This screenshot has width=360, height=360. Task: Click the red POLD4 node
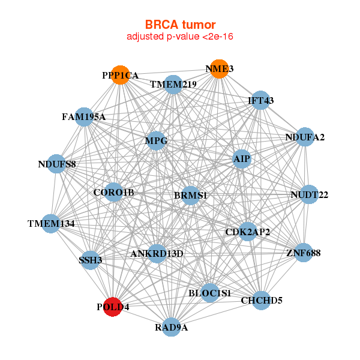click(113, 307)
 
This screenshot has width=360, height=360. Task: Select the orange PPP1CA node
click(121, 75)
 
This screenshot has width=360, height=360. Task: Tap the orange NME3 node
click(220, 69)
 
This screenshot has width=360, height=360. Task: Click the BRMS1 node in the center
click(190, 195)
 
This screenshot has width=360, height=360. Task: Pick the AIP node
click(242, 159)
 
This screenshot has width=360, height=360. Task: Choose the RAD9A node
click(172, 327)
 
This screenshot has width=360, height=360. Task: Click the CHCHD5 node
click(261, 300)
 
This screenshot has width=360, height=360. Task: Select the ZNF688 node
click(303, 253)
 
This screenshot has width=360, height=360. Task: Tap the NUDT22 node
click(308, 194)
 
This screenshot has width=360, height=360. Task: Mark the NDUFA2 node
click(305, 137)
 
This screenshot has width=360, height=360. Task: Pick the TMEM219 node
click(173, 85)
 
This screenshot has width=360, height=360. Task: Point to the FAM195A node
click(83, 116)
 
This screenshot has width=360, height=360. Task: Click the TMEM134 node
click(52, 223)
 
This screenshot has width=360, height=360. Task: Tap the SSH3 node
click(91, 260)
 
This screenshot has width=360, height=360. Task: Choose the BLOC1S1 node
click(209, 293)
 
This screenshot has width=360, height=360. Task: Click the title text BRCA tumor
click(180, 25)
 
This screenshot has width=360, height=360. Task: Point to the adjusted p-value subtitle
click(180, 37)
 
